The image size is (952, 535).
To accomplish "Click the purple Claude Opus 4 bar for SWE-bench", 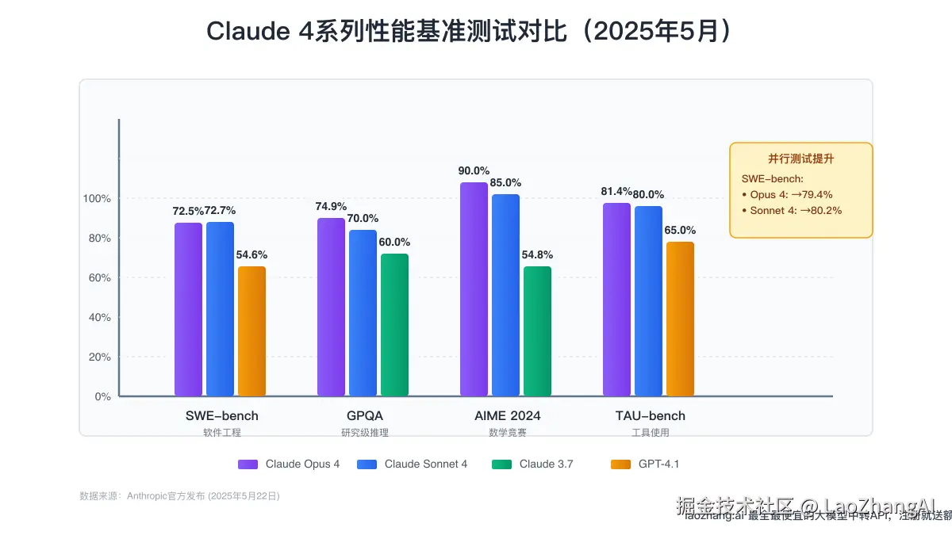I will pos(188,309).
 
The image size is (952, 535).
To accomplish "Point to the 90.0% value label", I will pos(474,170).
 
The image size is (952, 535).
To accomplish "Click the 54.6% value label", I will pos(251,254).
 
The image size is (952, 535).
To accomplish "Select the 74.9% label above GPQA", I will pos(331,206).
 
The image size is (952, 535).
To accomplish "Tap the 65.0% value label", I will pos(680,230).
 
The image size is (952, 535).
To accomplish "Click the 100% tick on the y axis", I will pos(97,198).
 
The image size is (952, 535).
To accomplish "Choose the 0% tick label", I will pos(102,396).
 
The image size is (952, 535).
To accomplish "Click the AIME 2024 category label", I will pos(508,415).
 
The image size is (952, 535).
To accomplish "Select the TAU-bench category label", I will pos(651,415).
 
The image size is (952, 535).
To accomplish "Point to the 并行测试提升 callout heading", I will pos(800,159).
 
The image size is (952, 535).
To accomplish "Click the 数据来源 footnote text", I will pos(179,495).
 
